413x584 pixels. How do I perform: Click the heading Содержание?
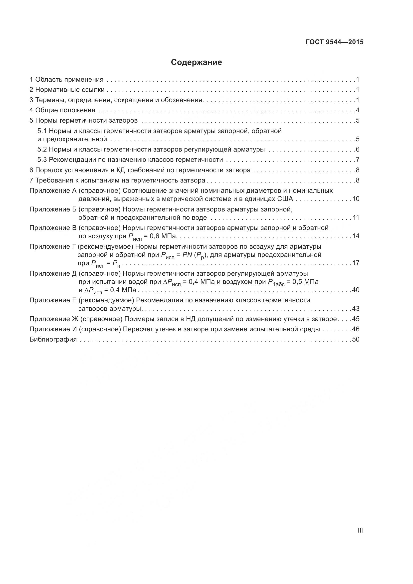point(196,62)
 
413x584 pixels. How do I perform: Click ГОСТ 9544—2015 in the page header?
point(334,42)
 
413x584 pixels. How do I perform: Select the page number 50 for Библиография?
point(356,339)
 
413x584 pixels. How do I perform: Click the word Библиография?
point(53,339)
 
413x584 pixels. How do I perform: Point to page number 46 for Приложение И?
point(356,329)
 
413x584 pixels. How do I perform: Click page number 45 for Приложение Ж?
point(356,319)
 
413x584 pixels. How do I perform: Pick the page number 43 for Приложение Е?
point(356,309)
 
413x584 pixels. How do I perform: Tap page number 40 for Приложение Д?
point(356,290)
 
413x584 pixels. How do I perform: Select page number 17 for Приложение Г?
point(356,263)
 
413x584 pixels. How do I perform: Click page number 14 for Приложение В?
point(356,236)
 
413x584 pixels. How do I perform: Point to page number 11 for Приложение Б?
point(356,217)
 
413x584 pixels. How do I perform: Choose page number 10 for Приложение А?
point(356,199)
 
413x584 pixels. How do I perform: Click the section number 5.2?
point(42,149)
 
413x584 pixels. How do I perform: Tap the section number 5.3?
point(42,160)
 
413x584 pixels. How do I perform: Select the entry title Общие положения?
point(65,110)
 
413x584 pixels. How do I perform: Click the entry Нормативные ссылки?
point(70,90)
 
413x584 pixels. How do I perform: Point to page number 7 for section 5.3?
point(358,160)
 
